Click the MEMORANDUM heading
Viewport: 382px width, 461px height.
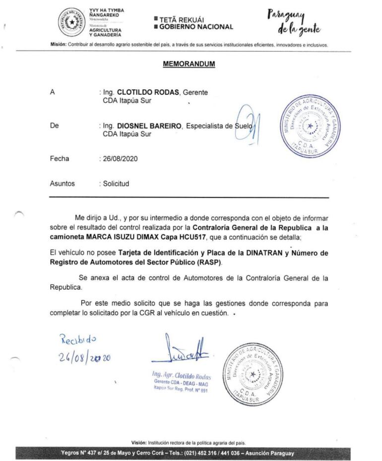tap(189, 64)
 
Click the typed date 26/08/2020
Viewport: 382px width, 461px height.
tap(120, 159)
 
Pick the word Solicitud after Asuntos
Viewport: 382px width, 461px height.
tap(116, 184)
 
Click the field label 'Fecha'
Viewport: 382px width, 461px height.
tap(60, 159)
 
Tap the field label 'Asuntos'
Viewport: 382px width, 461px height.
tap(63, 184)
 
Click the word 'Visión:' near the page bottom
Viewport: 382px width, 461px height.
tap(139, 443)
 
